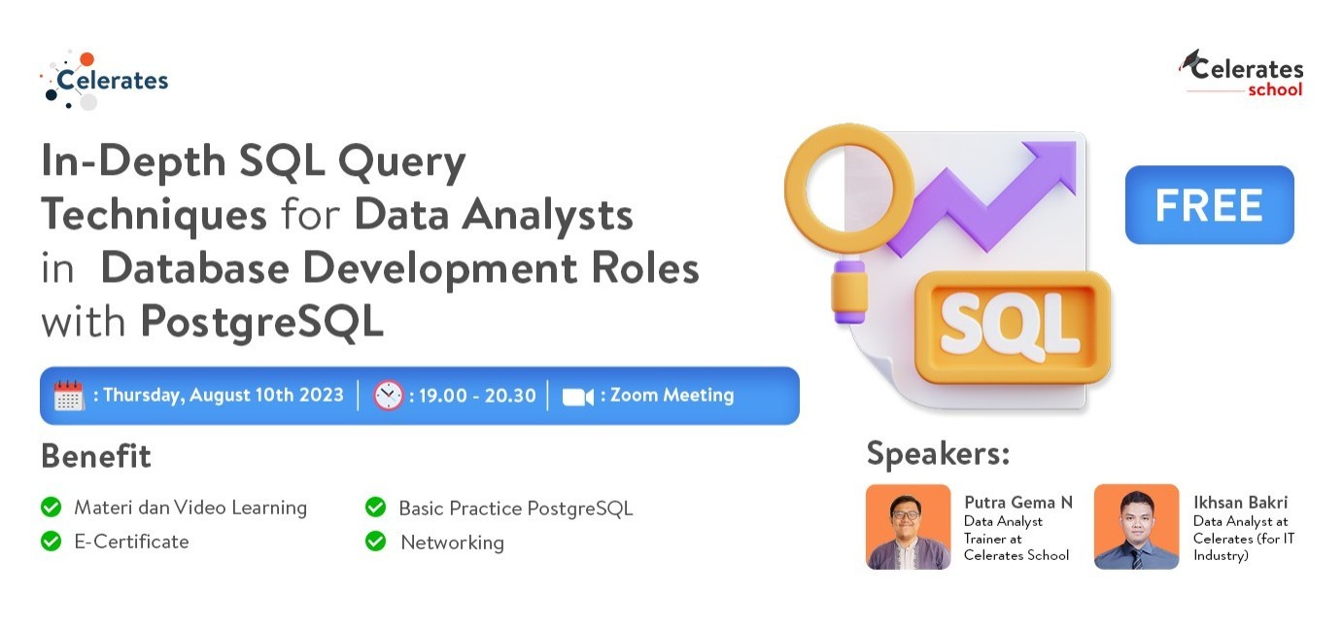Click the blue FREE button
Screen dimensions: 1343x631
click(x=1209, y=204)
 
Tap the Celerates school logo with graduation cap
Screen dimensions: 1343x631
click(x=1241, y=73)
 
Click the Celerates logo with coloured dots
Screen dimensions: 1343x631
click(x=104, y=81)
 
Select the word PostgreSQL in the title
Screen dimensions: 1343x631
click(x=262, y=322)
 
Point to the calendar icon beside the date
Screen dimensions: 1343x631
click(x=69, y=396)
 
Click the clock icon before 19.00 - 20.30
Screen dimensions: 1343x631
click(x=389, y=396)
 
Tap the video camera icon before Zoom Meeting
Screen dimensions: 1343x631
click(x=578, y=397)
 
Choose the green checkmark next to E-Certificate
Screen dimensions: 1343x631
click(x=51, y=541)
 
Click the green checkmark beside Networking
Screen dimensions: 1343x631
click(x=376, y=541)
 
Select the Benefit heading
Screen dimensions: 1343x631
click(x=96, y=456)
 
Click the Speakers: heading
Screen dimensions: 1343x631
click(x=939, y=453)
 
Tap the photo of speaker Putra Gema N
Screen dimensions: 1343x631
click(x=909, y=527)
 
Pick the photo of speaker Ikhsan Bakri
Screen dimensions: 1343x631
click(x=1137, y=527)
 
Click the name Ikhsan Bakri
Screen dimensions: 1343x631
click(x=1240, y=502)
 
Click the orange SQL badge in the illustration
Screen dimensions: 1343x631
click(x=1013, y=327)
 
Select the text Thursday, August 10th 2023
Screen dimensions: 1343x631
click(x=224, y=396)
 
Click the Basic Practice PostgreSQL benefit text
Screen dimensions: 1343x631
click(x=516, y=508)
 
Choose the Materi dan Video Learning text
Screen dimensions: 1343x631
click(x=190, y=508)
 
